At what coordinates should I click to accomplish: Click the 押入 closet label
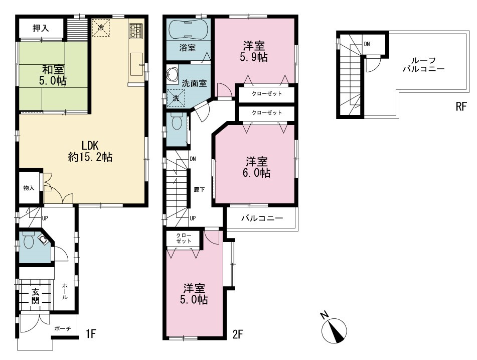[41, 28]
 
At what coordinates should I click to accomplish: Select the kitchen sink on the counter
[137, 64]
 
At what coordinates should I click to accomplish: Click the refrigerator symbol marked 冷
[101, 28]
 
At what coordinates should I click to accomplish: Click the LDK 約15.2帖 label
[90, 151]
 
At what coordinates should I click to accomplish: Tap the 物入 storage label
[29, 188]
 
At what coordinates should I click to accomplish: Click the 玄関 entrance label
[36, 296]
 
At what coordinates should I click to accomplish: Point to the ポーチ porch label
[63, 329]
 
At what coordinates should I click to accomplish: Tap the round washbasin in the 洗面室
[172, 75]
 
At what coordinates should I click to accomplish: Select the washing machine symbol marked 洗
[176, 97]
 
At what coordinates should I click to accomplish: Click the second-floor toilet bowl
[177, 123]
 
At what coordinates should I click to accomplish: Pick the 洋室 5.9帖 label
[254, 52]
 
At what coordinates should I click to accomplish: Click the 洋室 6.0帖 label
[256, 167]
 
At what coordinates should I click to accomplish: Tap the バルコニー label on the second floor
[262, 218]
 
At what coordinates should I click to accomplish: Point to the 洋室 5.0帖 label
[194, 294]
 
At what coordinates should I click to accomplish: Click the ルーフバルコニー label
[424, 65]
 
